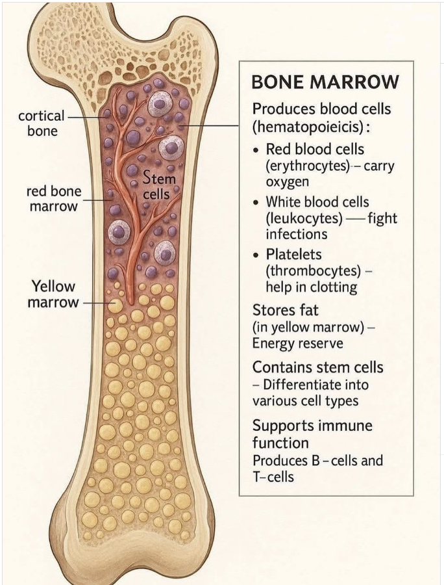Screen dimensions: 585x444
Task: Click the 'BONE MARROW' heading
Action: (325, 83)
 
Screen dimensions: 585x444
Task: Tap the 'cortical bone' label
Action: (42, 123)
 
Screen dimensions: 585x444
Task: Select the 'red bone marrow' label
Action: (52, 199)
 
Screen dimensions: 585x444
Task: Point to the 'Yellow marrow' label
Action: (53, 294)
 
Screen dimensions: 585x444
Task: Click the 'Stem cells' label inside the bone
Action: (158, 185)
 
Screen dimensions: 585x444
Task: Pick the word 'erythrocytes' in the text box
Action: (304, 166)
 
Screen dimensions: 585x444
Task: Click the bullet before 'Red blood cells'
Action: (257, 150)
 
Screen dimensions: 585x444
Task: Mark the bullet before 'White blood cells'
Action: (257, 202)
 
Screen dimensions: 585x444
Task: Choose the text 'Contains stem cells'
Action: (317, 367)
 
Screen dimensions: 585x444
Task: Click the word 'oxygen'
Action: (287, 181)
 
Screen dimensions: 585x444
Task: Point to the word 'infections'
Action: (297, 233)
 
